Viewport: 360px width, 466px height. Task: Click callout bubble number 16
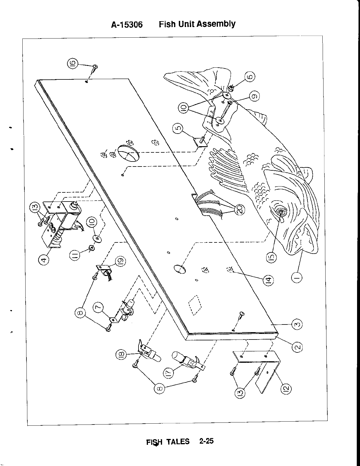[73, 63]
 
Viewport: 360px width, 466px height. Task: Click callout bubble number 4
[44, 260]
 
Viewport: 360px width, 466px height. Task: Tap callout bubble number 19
[120, 261]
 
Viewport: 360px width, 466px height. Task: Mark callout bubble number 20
[239, 209]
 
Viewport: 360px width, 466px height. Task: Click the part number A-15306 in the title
[127, 24]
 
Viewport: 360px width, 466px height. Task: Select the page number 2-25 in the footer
[206, 441]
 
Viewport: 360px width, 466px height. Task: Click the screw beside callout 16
[95, 68]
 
